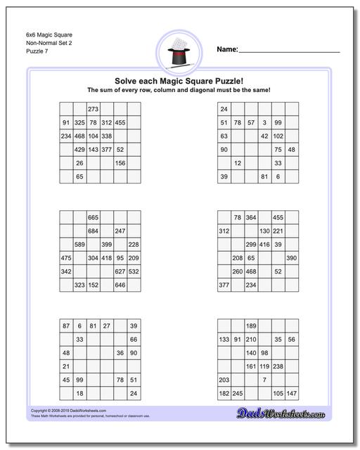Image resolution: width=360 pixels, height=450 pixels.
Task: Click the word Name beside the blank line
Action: point(226,50)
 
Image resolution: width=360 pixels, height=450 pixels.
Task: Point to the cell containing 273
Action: point(93,109)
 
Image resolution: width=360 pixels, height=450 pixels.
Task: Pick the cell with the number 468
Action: point(79,136)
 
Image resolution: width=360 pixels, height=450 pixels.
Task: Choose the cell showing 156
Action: point(120,163)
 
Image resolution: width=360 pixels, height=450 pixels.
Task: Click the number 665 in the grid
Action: point(93,217)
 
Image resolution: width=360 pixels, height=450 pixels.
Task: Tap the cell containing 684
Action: point(93,231)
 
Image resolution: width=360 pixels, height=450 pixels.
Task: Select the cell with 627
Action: point(120,271)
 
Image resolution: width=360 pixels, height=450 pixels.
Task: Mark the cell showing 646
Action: point(120,285)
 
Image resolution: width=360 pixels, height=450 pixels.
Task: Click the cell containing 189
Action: point(251,326)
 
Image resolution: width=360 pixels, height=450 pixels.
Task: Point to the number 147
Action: point(292,393)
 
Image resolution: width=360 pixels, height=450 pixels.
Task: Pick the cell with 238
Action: point(278,366)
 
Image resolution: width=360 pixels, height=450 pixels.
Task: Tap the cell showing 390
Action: point(292,258)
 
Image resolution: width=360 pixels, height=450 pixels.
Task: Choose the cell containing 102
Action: point(278,136)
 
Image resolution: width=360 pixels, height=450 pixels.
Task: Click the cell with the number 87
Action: point(66,326)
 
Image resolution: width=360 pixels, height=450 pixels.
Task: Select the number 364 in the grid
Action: point(251,217)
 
